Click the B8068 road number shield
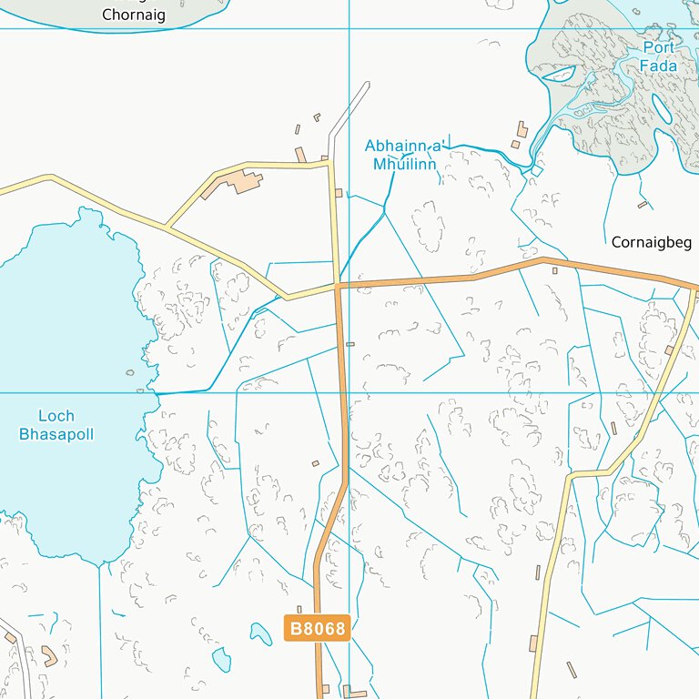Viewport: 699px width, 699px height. [318, 628]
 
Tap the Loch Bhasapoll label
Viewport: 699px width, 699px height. [56, 426]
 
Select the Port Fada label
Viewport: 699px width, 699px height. [658, 56]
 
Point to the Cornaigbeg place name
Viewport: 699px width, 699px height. [652, 243]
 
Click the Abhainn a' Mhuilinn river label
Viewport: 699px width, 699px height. [402, 155]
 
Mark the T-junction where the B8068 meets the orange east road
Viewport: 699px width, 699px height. [339, 287]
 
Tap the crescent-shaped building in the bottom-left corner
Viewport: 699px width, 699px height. [48, 655]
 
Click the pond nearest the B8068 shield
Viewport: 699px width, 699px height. [261, 633]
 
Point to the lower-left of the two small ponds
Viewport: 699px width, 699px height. [221, 660]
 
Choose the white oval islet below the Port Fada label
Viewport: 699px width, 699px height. [663, 110]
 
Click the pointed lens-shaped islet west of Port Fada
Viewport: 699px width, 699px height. [558, 74]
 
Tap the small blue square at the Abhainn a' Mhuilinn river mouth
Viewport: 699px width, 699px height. [537, 170]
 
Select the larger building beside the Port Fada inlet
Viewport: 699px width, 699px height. [522, 129]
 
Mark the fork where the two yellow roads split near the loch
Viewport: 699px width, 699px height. [166, 225]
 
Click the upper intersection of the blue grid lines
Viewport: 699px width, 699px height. [349, 28]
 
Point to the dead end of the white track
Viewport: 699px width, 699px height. [367, 84]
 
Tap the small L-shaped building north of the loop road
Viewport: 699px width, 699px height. [301, 155]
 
